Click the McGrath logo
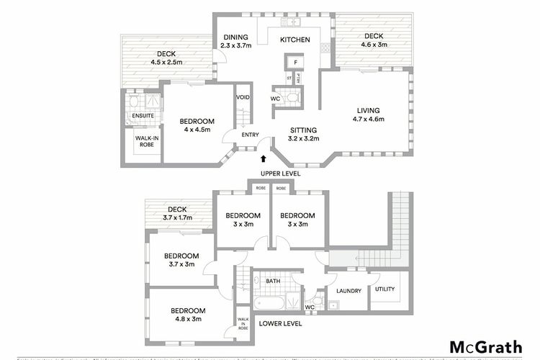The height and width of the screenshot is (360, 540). [x=486, y=346]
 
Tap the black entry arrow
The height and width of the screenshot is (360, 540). [x=264, y=158]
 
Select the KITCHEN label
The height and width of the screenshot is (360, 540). [x=294, y=40]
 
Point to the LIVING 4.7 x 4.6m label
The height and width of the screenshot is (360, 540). [x=367, y=114]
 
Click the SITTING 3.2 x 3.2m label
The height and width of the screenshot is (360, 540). [x=303, y=134]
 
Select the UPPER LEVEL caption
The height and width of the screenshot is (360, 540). [x=282, y=174]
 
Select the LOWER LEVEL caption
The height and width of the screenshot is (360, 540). [x=280, y=324]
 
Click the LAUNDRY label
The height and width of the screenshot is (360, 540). [x=348, y=291]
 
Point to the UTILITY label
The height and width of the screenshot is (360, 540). [x=385, y=289]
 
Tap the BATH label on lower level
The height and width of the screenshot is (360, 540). [x=273, y=281]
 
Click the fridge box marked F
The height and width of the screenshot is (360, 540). [x=296, y=63]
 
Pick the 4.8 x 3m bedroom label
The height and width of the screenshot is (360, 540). [x=185, y=315]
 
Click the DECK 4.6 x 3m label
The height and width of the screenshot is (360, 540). [x=374, y=40]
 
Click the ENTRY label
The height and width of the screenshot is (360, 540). [x=249, y=134]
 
